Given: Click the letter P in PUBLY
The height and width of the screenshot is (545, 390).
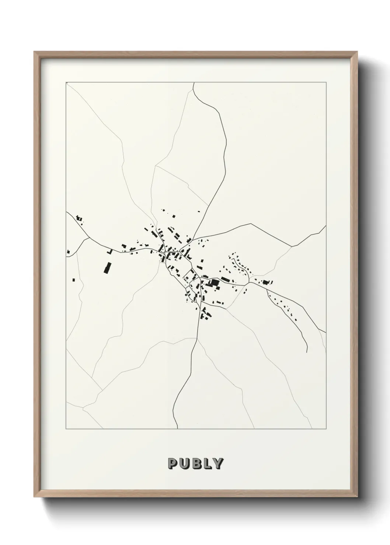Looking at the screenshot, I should click(173, 463).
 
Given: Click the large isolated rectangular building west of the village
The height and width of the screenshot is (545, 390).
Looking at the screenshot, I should click(107, 268).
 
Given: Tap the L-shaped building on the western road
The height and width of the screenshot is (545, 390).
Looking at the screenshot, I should click(109, 252).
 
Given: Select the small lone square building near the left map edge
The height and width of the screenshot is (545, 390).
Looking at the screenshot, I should click(73, 280).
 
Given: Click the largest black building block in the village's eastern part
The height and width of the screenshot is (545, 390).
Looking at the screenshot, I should click(213, 282).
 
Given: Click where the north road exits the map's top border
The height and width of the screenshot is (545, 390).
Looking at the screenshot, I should click(193, 83).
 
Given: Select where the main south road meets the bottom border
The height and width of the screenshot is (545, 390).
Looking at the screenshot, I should click(178, 429).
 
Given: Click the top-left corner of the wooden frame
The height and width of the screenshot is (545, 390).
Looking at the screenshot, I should click(34, 52).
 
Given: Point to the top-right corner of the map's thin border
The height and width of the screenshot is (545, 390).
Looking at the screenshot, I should click(326, 82).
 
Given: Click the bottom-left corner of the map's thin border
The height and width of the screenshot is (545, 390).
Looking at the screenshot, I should click(66, 429).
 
